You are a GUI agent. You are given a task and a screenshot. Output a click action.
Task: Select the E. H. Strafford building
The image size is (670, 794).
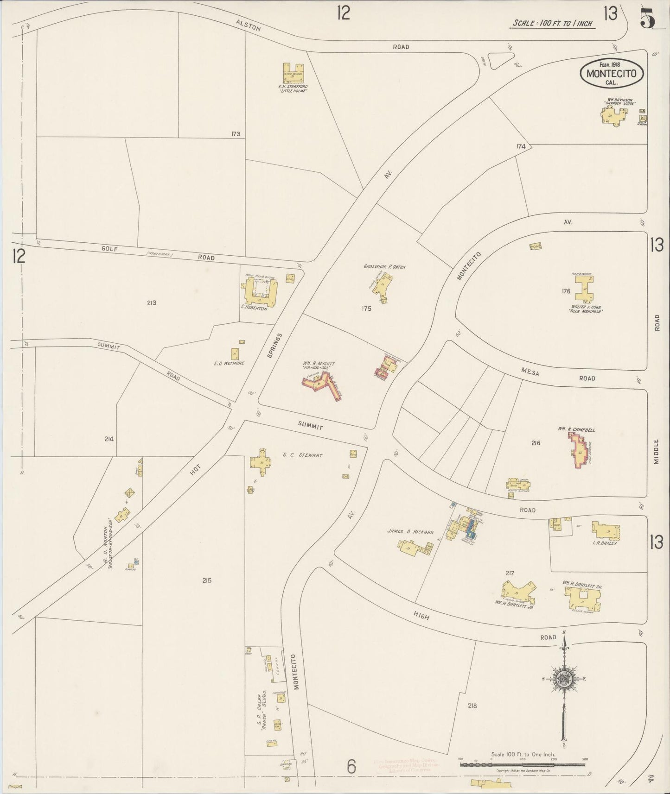coord(293,74)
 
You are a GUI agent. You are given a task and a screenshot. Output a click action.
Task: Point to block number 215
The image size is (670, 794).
coord(207,580)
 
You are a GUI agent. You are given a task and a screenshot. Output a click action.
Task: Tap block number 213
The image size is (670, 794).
coord(151,303)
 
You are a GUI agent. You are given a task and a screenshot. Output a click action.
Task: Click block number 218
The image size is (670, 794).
coord(472,706)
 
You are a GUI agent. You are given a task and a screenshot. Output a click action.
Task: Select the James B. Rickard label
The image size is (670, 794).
coord(410,532)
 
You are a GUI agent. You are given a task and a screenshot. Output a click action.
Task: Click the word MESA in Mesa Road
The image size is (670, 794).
coord(530,371)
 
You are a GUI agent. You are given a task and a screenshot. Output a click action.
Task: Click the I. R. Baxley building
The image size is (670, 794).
coord(606,530)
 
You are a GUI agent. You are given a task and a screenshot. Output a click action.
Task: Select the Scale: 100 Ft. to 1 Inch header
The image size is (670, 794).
coord(553,23)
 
